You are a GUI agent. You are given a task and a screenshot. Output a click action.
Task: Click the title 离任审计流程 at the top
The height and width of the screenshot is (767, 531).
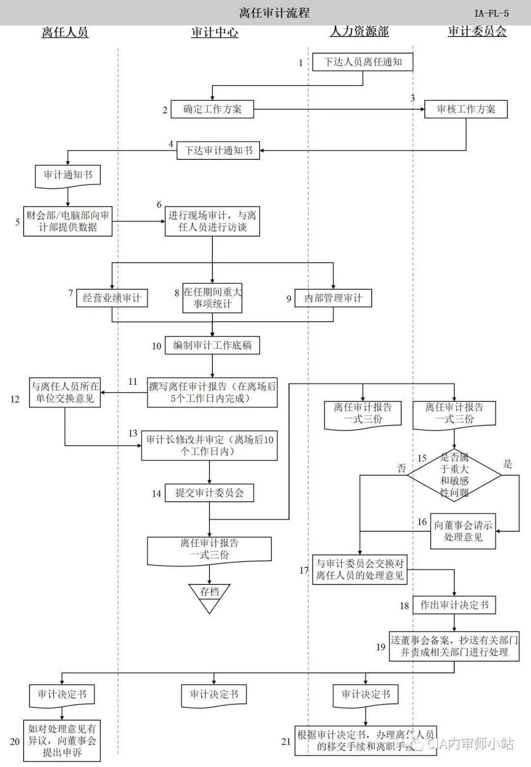tap(274, 12)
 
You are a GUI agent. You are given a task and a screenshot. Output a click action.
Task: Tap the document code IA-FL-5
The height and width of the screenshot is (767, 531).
tap(491, 13)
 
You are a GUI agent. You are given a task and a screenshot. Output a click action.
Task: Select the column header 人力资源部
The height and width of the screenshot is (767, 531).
tap(359, 32)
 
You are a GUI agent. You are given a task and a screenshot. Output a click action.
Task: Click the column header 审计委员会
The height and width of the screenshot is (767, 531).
tap(477, 32)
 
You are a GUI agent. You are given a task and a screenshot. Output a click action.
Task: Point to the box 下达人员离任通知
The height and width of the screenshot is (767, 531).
tap(363, 62)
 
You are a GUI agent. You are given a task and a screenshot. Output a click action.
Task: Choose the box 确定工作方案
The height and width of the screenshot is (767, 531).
tap(212, 109)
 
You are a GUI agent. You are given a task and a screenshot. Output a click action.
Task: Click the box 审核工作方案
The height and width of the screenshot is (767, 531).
tap(466, 109)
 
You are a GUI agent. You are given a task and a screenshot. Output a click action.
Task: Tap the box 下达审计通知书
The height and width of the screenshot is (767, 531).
tap(218, 151)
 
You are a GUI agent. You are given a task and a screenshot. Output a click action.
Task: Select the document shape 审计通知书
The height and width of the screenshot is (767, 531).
tap(68, 175)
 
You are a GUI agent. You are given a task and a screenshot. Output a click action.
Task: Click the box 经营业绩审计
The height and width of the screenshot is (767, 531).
tap(112, 298)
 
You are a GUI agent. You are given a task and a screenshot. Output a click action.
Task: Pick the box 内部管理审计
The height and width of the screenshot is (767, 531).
tap(333, 298)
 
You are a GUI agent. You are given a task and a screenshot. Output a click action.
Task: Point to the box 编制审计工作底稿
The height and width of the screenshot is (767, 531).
tap(212, 345)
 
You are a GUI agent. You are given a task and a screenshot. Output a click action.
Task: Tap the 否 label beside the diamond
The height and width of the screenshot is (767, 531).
tap(402, 468)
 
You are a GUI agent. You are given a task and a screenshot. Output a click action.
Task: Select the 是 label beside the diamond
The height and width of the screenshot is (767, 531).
tap(508, 463)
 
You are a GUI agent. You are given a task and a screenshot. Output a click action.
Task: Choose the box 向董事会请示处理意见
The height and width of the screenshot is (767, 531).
tap(463, 531)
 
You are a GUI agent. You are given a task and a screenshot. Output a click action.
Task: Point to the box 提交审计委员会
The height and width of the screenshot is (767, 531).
tap(209, 493)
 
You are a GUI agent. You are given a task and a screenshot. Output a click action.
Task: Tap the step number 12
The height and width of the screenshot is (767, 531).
tap(15, 399)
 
